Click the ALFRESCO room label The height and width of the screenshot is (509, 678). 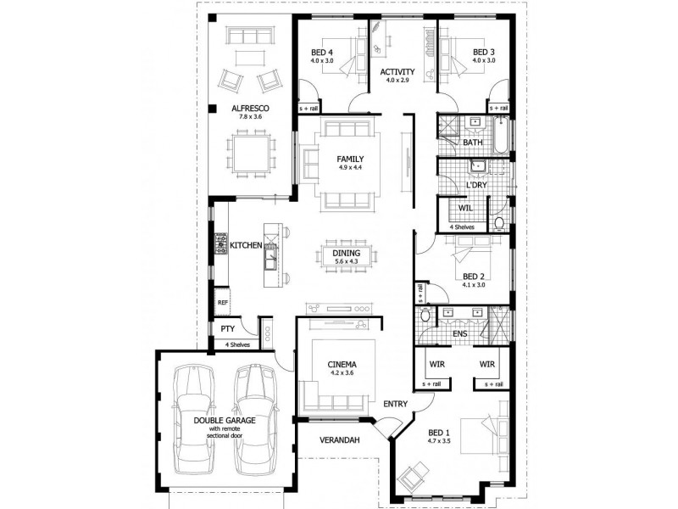click(x=251, y=108)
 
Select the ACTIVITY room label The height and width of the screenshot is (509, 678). click(x=397, y=71)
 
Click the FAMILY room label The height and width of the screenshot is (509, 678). click(x=350, y=159)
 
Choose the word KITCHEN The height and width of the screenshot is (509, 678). click(x=246, y=245)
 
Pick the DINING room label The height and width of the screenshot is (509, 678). click(x=347, y=253)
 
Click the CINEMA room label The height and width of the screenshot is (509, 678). click(x=344, y=366)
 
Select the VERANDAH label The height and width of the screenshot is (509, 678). click(x=342, y=440)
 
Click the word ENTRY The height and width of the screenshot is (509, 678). click(x=396, y=403)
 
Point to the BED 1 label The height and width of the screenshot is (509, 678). click(x=438, y=431)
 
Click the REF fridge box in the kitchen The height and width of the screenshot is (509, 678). click(x=223, y=302)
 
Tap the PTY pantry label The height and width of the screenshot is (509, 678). click(x=227, y=328)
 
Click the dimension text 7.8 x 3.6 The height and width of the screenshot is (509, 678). click(x=251, y=118)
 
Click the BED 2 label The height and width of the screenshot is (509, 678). click(x=475, y=276)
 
